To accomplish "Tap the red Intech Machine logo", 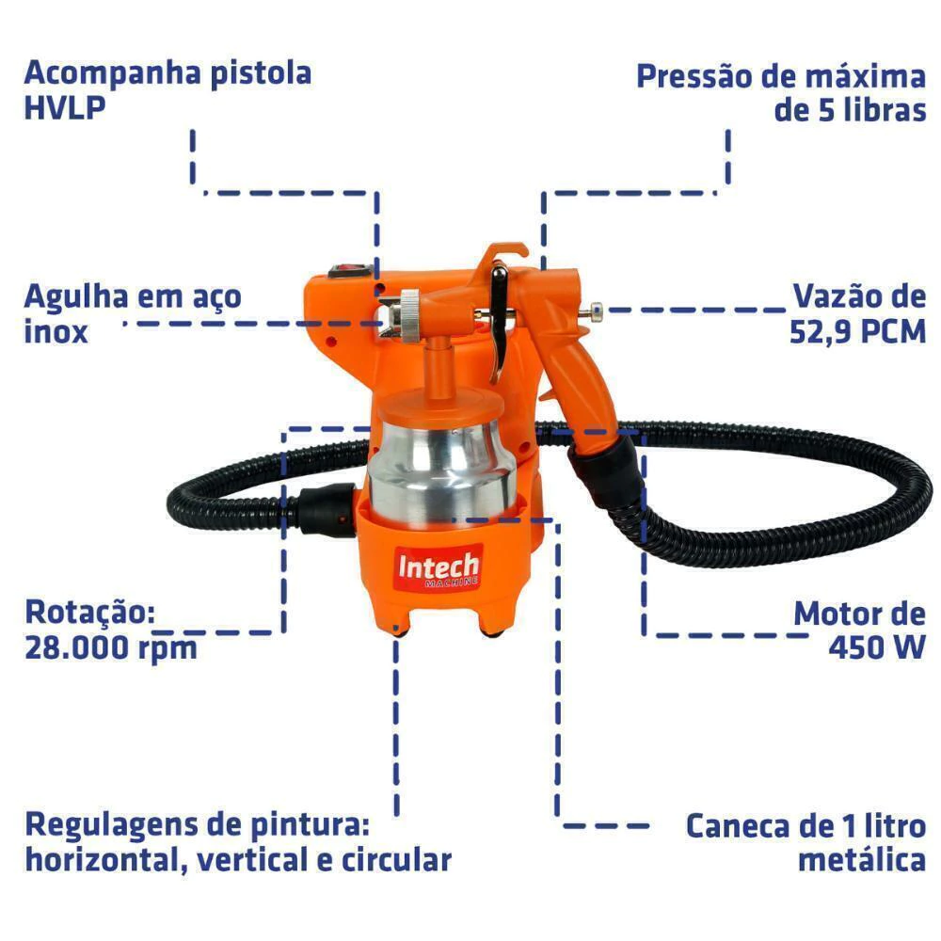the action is pyautogui.click(x=439, y=567).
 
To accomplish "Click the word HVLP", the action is pyautogui.click(x=65, y=108).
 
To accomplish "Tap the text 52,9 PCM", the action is pyautogui.click(x=857, y=332).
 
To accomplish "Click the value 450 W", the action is pyautogui.click(x=877, y=647).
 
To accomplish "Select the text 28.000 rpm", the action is pyautogui.click(x=111, y=648).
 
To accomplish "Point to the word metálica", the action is pyautogui.click(x=862, y=860).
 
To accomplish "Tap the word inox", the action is pyautogui.click(x=56, y=332).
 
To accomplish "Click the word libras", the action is pyautogui.click(x=884, y=110).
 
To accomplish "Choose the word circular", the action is pyautogui.click(x=397, y=860).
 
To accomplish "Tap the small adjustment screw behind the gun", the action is pyautogui.click(x=594, y=311).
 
